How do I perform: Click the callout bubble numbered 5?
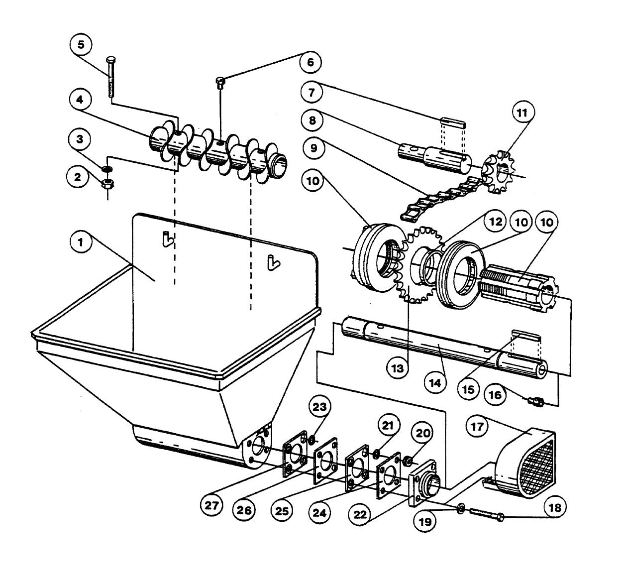click(x=81, y=44)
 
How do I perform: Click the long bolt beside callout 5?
click(x=110, y=77)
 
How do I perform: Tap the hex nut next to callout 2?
click(x=106, y=183)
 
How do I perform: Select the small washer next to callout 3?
click(x=105, y=169)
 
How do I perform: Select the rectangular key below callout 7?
click(x=453, y=122)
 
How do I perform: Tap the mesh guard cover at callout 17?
click(x=527, y=463)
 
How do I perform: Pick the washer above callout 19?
click(x=461, y=508)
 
